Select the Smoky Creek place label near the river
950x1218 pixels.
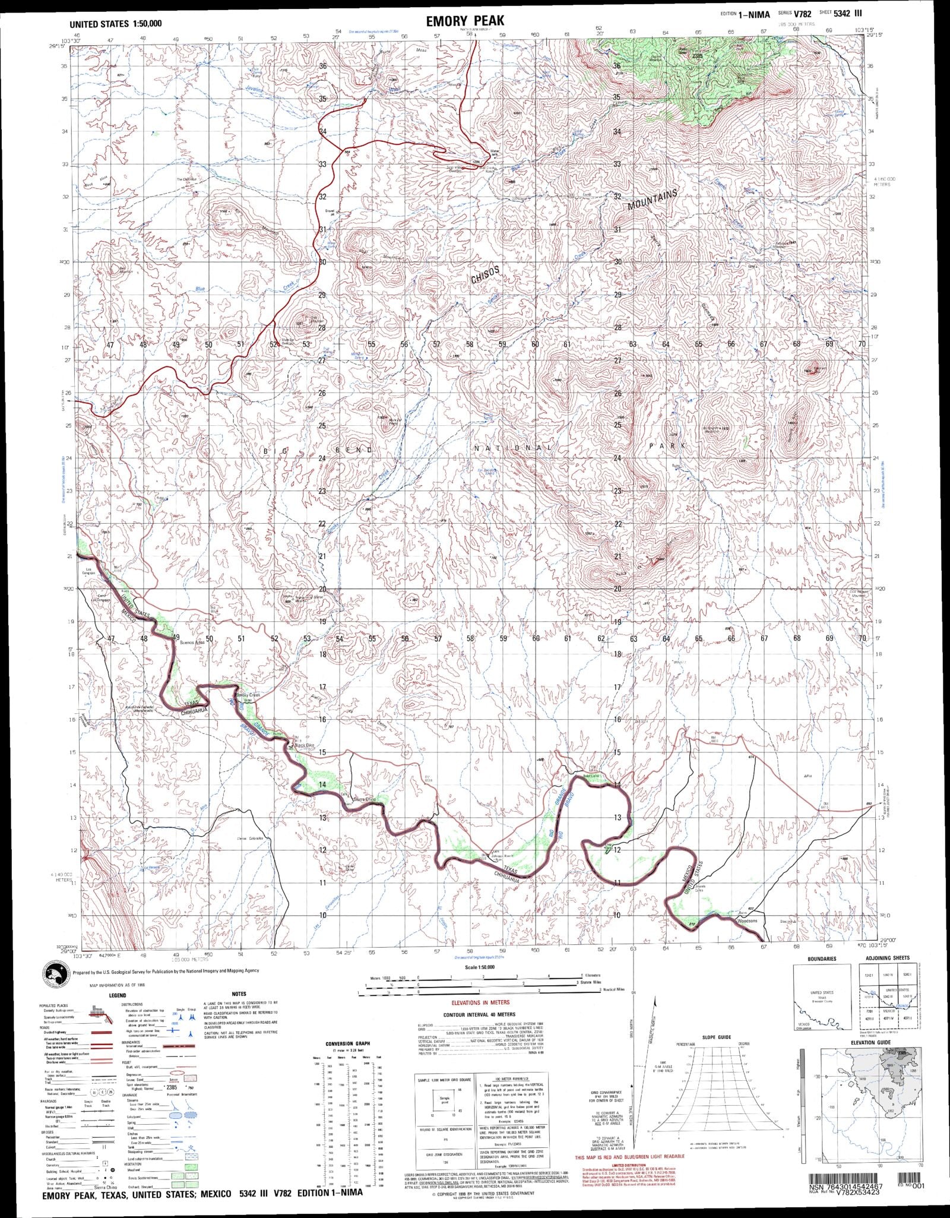click(248, 695)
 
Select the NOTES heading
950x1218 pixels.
click(239, 993)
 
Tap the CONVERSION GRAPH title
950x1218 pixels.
click(348, 1043)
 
